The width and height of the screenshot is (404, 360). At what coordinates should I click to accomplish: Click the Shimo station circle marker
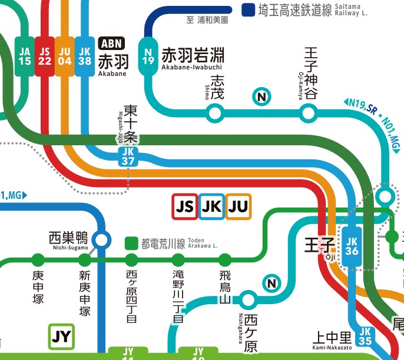coord(215,112)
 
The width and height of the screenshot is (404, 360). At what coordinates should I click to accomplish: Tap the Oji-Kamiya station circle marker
coord(308,112)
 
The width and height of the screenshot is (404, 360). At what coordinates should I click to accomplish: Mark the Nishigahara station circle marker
coord(247,300)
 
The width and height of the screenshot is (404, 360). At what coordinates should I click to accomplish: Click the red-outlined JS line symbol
coord(184,206)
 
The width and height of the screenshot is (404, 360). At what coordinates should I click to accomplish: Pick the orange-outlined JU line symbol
coord(238,206)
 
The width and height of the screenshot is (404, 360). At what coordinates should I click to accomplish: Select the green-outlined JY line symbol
coord(61,336)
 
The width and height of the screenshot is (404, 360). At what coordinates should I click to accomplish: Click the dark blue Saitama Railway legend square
coord(248,10)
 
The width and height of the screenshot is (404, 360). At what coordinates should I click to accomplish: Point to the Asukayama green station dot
coord(225,259)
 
